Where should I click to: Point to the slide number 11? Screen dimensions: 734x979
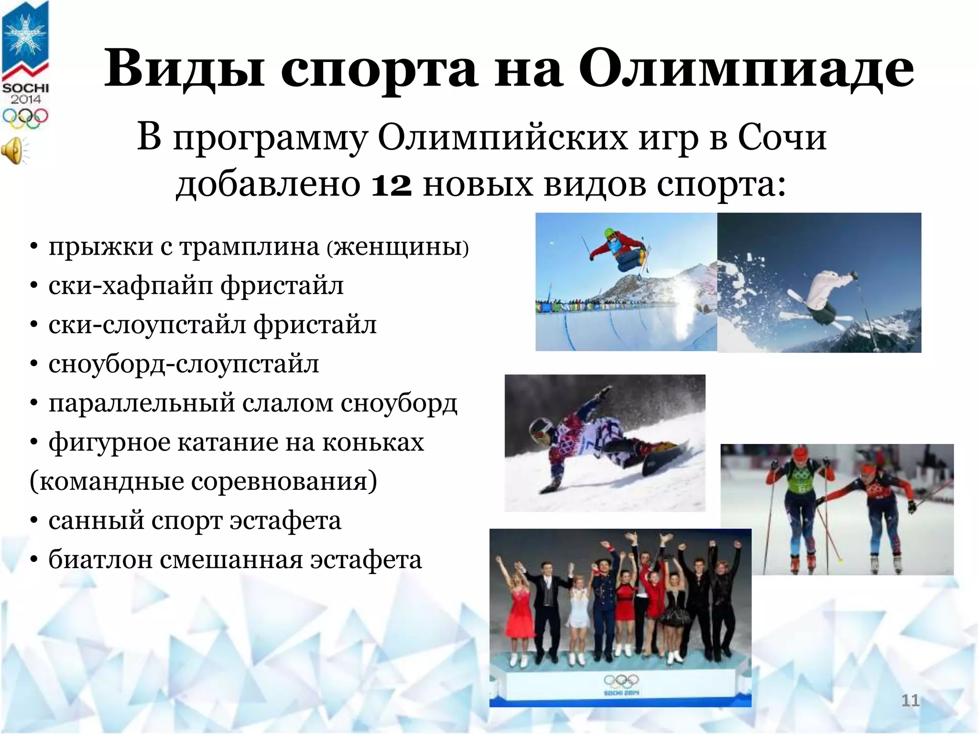[910, 701]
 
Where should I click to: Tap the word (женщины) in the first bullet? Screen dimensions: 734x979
[398, 248]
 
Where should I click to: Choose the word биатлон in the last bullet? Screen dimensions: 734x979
[100, 560]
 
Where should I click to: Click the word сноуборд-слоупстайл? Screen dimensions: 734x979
[184, 365]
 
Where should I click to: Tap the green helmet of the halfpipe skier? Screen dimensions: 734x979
[610, 234]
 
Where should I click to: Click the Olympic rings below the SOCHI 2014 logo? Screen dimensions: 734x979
[25, 117]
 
